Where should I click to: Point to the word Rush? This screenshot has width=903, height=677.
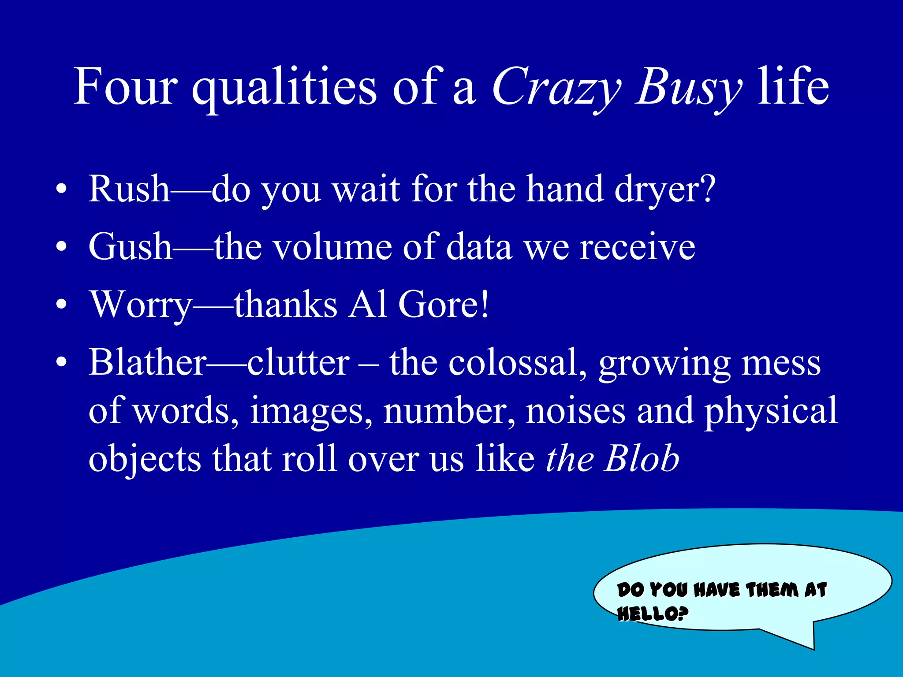click(129, 189)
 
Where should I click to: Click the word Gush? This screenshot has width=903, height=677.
click(130, 247)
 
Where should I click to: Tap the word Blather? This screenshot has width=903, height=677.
click(148, 362)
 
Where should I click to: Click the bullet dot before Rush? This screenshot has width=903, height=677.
click(62, 190)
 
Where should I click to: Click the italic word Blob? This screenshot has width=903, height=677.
click(642, 458)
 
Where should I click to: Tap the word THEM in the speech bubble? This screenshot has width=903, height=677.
click(772, 590)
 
